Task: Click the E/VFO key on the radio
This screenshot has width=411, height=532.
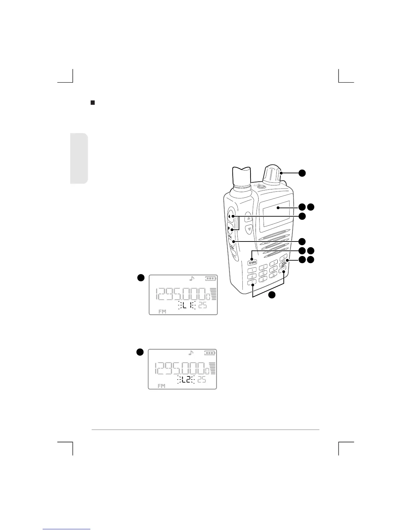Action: pyautogui.click(x=253, y=262)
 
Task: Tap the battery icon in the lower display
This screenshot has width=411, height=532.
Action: pyautogui.click(x=210, y=353)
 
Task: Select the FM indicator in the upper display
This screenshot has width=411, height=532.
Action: pyautogui.click(x=162, y=311)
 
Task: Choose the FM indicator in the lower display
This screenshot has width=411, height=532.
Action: pyautogui.click(x=162, y=386)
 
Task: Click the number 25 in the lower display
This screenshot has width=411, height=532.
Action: pyautogui.click(x=202, y=380)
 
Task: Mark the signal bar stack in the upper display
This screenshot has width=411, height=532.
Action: pyautogui.click(x=214, y=294)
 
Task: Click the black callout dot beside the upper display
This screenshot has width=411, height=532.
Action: pyautogui.click(x=141, y=277)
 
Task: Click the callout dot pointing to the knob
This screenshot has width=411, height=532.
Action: pyautogui.click(x=302, y=173)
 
